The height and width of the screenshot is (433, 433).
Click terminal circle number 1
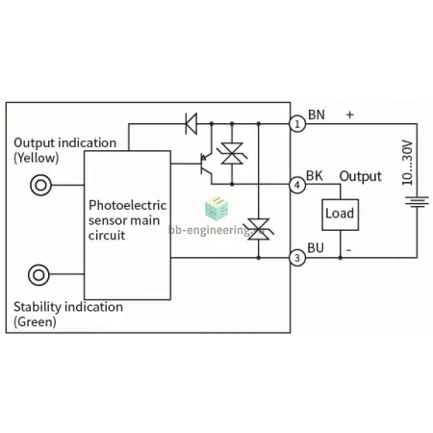297,124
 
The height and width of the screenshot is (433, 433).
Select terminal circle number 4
297,185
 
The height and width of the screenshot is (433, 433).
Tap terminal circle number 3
297,258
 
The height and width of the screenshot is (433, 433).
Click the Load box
340,215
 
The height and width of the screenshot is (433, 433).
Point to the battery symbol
417,201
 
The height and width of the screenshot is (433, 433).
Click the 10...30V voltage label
407,163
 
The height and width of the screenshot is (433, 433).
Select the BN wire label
317,115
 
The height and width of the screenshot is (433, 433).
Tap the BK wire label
315,176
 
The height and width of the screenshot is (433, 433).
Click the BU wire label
316,248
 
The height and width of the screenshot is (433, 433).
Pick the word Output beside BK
361,176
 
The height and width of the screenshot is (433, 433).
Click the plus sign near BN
350,115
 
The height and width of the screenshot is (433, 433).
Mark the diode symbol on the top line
191,123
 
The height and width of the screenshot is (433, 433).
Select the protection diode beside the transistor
232,154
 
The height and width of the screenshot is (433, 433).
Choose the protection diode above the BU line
259,229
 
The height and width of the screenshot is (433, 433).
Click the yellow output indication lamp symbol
40,185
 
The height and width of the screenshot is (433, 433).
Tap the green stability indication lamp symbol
38,275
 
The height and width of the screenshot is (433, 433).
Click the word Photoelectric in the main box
127,205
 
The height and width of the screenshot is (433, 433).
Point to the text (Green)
35,321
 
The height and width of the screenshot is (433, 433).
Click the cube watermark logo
216,209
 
